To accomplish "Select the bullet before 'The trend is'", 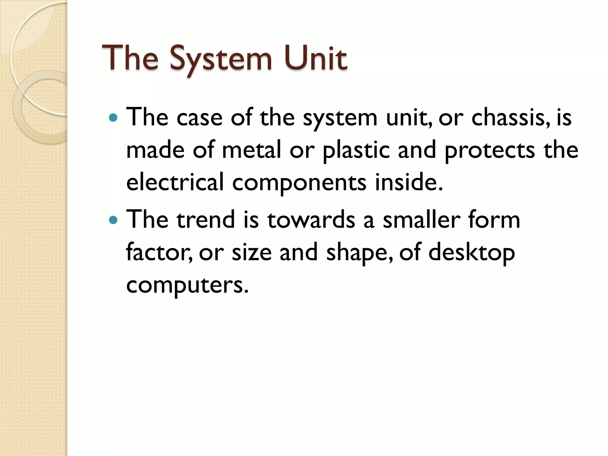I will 113,220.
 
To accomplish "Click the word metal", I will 251,150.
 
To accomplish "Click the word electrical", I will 175,182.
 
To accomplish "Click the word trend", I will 205,220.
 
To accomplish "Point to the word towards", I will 311,220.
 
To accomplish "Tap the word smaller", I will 421,220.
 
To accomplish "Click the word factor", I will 159,252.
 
